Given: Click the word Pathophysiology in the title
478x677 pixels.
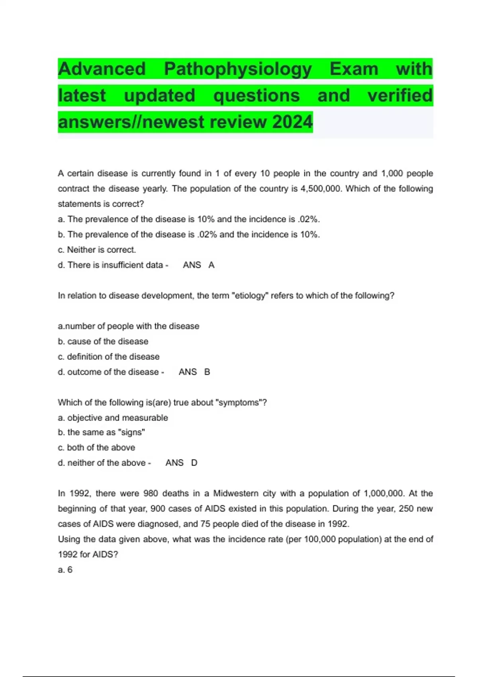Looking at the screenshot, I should click(238, 69).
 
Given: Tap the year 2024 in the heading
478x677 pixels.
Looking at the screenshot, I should click(292, 122).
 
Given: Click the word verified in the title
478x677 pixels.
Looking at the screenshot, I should click(400, 96).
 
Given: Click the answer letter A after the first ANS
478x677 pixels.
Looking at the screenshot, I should click(211, 265).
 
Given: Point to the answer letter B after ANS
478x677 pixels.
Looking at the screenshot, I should click(207, 372).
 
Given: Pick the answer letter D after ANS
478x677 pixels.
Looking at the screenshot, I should click(194, 463).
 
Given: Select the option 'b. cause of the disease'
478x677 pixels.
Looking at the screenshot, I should click(103, 342).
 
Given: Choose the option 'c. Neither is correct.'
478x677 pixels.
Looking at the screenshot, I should click(97, 250).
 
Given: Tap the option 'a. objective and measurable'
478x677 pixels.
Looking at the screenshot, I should click(113, 418).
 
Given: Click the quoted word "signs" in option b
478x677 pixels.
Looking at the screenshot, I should click(132, 432).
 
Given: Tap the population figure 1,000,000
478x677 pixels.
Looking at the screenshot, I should click(384, 493).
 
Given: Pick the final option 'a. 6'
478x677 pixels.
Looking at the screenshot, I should click(65, 570).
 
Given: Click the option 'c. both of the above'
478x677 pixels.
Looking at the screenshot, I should click(96, 448).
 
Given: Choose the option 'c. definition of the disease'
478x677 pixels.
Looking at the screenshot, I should click(108, 357).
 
